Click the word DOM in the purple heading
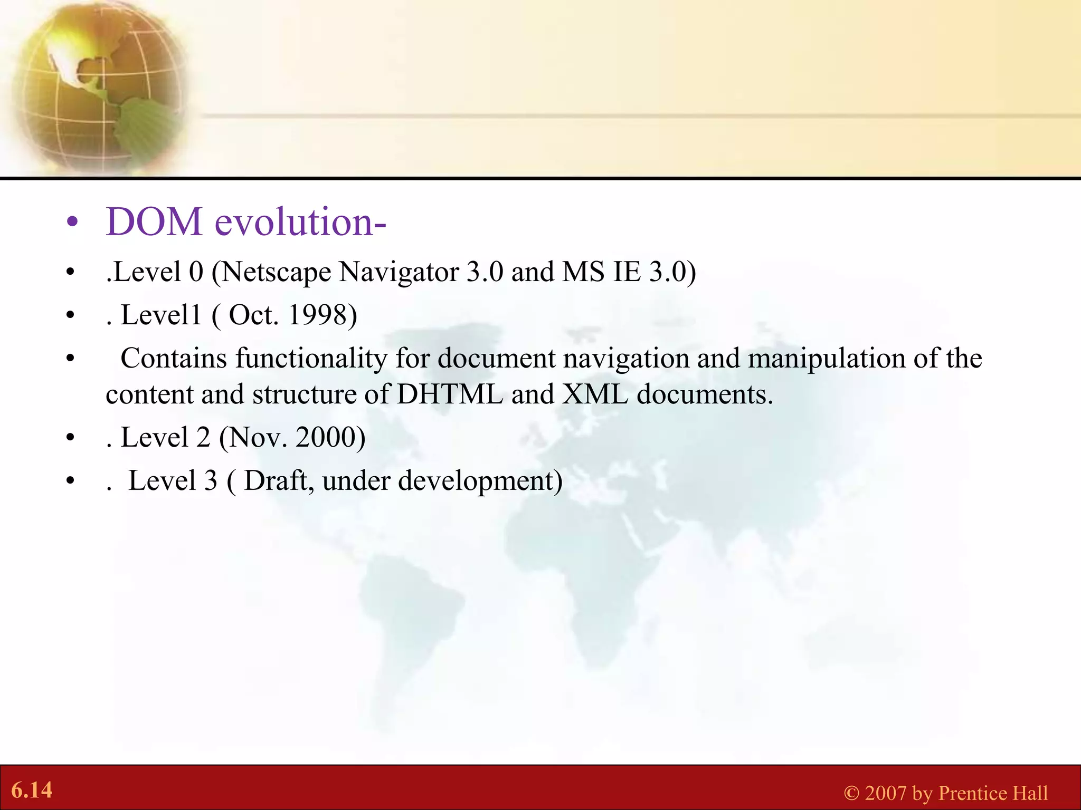tap(154, 222)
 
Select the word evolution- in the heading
tap(300, 222)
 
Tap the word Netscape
tap(278, 273)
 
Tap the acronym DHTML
tap(450, 394)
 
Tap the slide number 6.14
tap(32, 790)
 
